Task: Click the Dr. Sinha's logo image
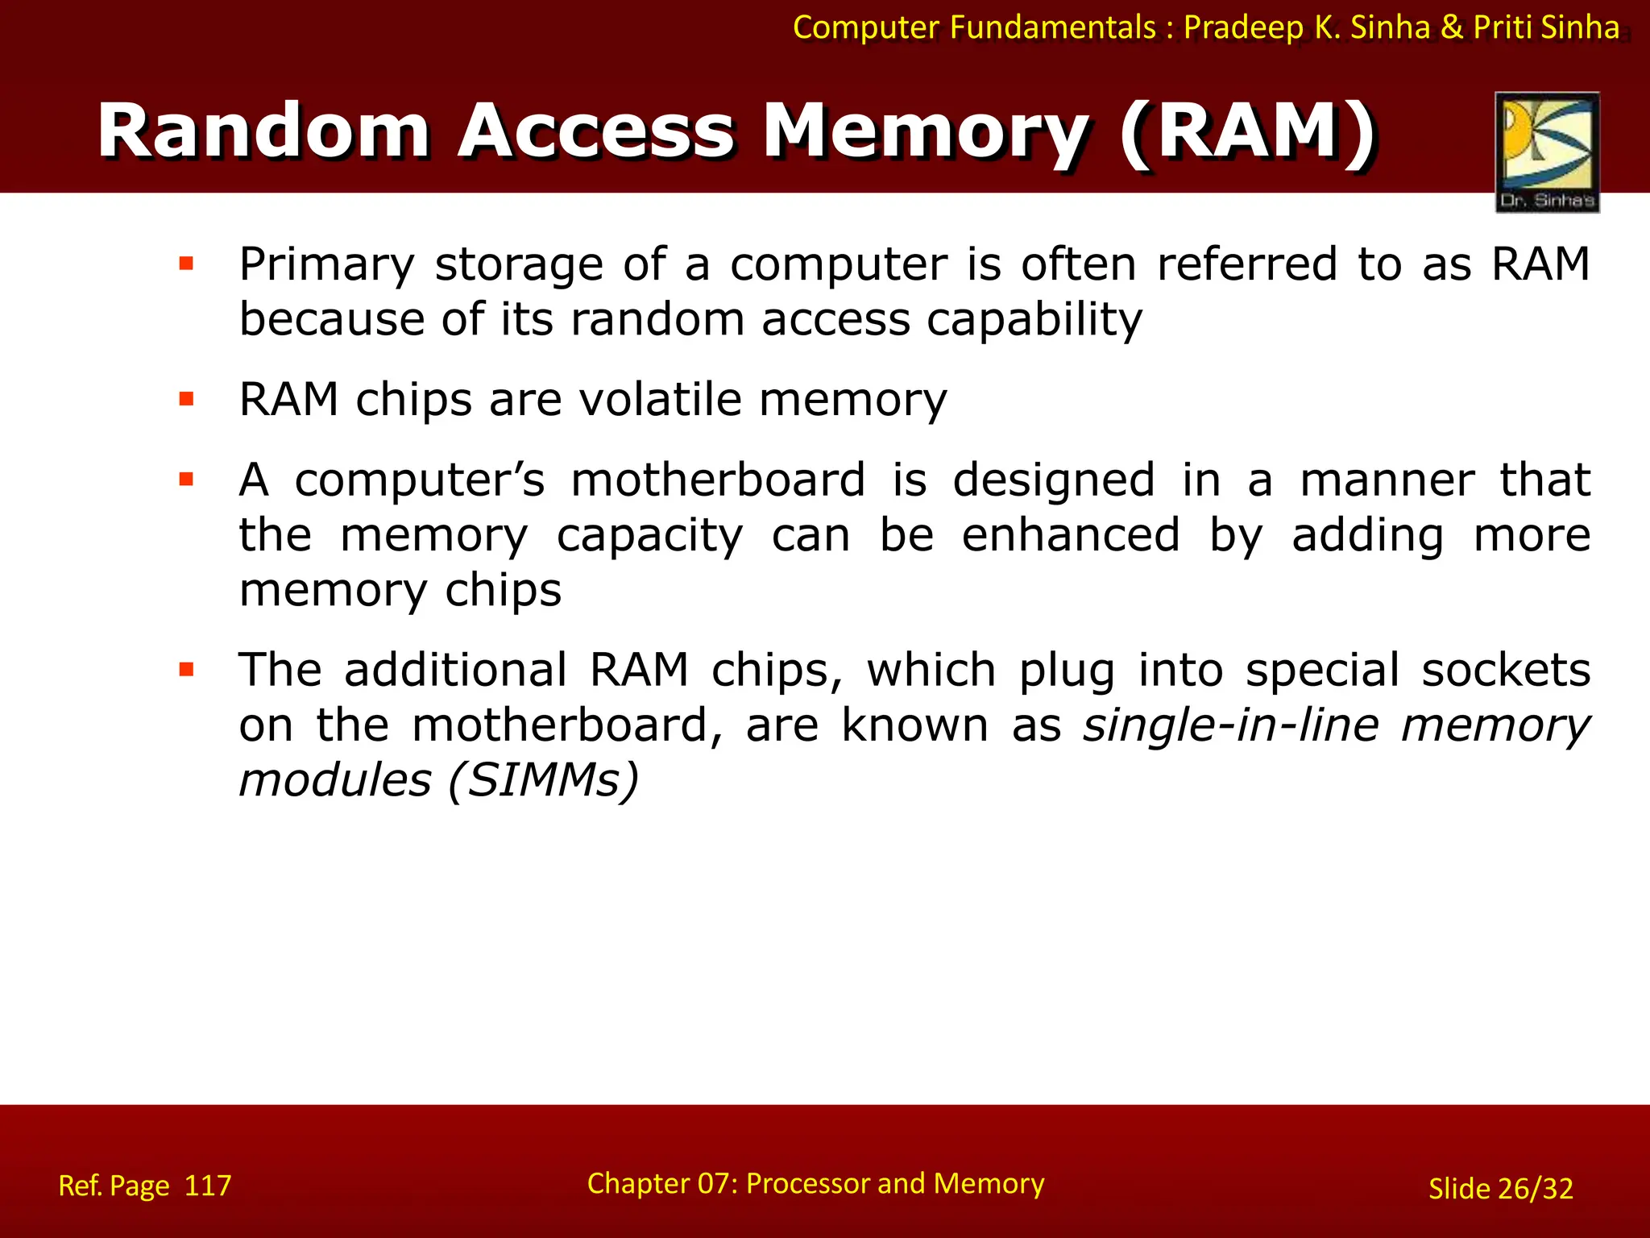point(1547,152)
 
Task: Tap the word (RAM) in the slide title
point(1248,131)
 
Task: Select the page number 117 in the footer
point(208,1186)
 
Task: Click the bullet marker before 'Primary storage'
point(187,264)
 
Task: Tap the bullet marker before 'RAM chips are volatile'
point(187,399)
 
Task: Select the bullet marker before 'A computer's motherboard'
point(187,480)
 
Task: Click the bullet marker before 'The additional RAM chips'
point(187,670)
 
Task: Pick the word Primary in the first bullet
point(327,265)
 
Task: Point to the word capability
point(1034,320)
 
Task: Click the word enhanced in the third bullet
point(1071,535)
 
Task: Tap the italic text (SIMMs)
point(544,780)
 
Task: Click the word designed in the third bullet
point(1054,481)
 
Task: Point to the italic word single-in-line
point(1230,725)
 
